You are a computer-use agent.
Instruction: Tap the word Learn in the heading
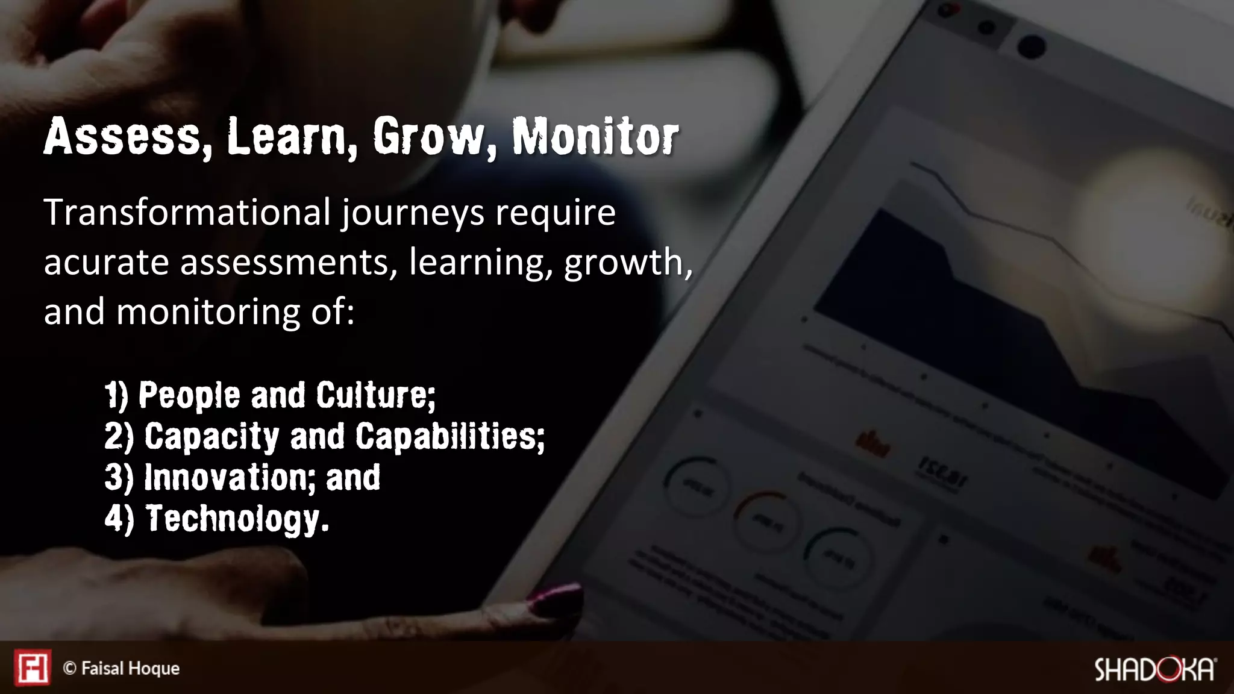click(x=287, y=137)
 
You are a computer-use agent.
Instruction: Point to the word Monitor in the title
click(x=595, y=137)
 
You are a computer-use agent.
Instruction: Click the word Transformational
click(x=187, y=213)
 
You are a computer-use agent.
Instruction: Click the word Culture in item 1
click(x=374, y=396)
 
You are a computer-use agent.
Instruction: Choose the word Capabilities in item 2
click(x=449, y=436)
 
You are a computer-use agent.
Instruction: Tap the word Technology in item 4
click(x=237, y=519)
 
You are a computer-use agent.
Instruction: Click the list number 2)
click(x=119, y=436)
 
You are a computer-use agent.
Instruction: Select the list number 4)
click(x=119, y=519)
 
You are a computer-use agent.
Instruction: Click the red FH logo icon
click(x=33, y=667)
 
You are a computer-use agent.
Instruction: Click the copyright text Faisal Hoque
click(x=130, y=669)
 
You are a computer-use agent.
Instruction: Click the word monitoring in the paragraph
click(x=209, y=312)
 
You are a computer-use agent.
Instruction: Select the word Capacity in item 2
click(x=211, y=436)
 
